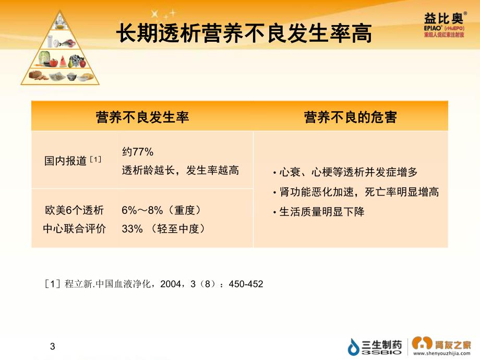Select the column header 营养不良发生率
pyautogui.click(x=142, y=117)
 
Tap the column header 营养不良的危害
pyautogui.click(x=350, y=117)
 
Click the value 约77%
pyautogui.click(x=138, y=152)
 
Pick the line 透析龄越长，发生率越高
pyautogui.click(x=180, y=170)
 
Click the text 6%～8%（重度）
pyautogui.click(x=161, y=210)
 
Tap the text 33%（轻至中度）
pyautogui.click(x=163, y=229)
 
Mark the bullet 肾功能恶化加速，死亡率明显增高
pyautogui.click(x=358, y=192)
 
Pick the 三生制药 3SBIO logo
pyautogui.click(x=376, y=346)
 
